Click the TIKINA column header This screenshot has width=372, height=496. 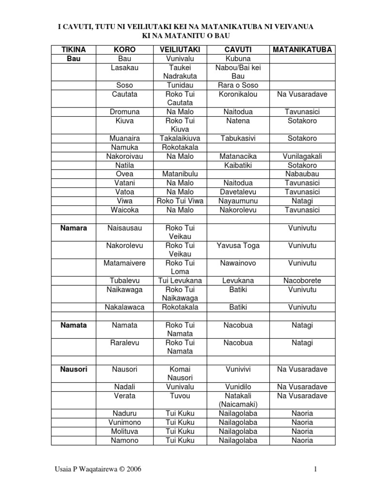tap(74, 49)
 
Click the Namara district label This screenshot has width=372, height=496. tap(74, 228)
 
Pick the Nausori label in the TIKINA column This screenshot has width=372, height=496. tap(74, 369)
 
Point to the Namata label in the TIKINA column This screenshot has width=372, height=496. tap(74, 325)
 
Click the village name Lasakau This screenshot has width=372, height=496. tap(124, 68)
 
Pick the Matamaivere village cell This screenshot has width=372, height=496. tap(124, 263)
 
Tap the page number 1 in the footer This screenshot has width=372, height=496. tap(315, 469)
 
